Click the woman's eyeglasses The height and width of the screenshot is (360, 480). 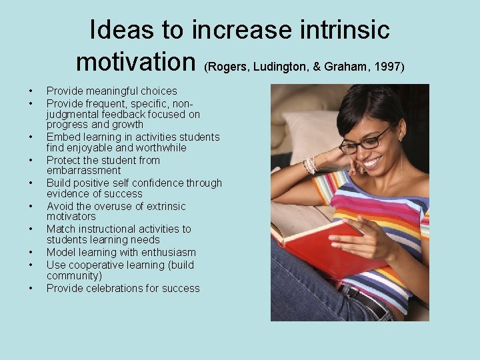(366, 141)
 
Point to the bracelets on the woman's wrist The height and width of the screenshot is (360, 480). (310, 165)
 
